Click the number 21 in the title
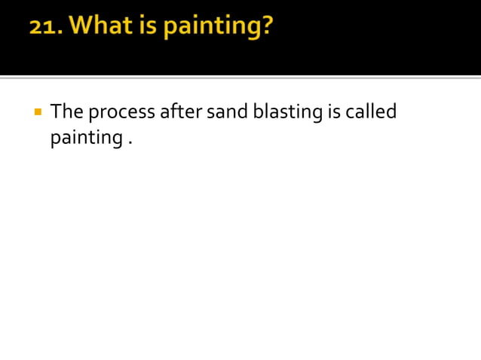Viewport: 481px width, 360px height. [x=47, y=28]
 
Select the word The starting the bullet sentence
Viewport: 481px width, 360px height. [x=66, y=112]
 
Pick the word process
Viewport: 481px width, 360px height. [x=121, y=114]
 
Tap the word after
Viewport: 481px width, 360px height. [x=181, y=112]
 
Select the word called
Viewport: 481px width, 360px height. [x=372, y=112]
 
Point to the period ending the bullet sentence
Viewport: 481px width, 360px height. [x=130, y=145]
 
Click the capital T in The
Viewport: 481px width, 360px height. [x=56, y=112]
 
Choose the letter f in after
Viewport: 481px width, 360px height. [x=173, y=112]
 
